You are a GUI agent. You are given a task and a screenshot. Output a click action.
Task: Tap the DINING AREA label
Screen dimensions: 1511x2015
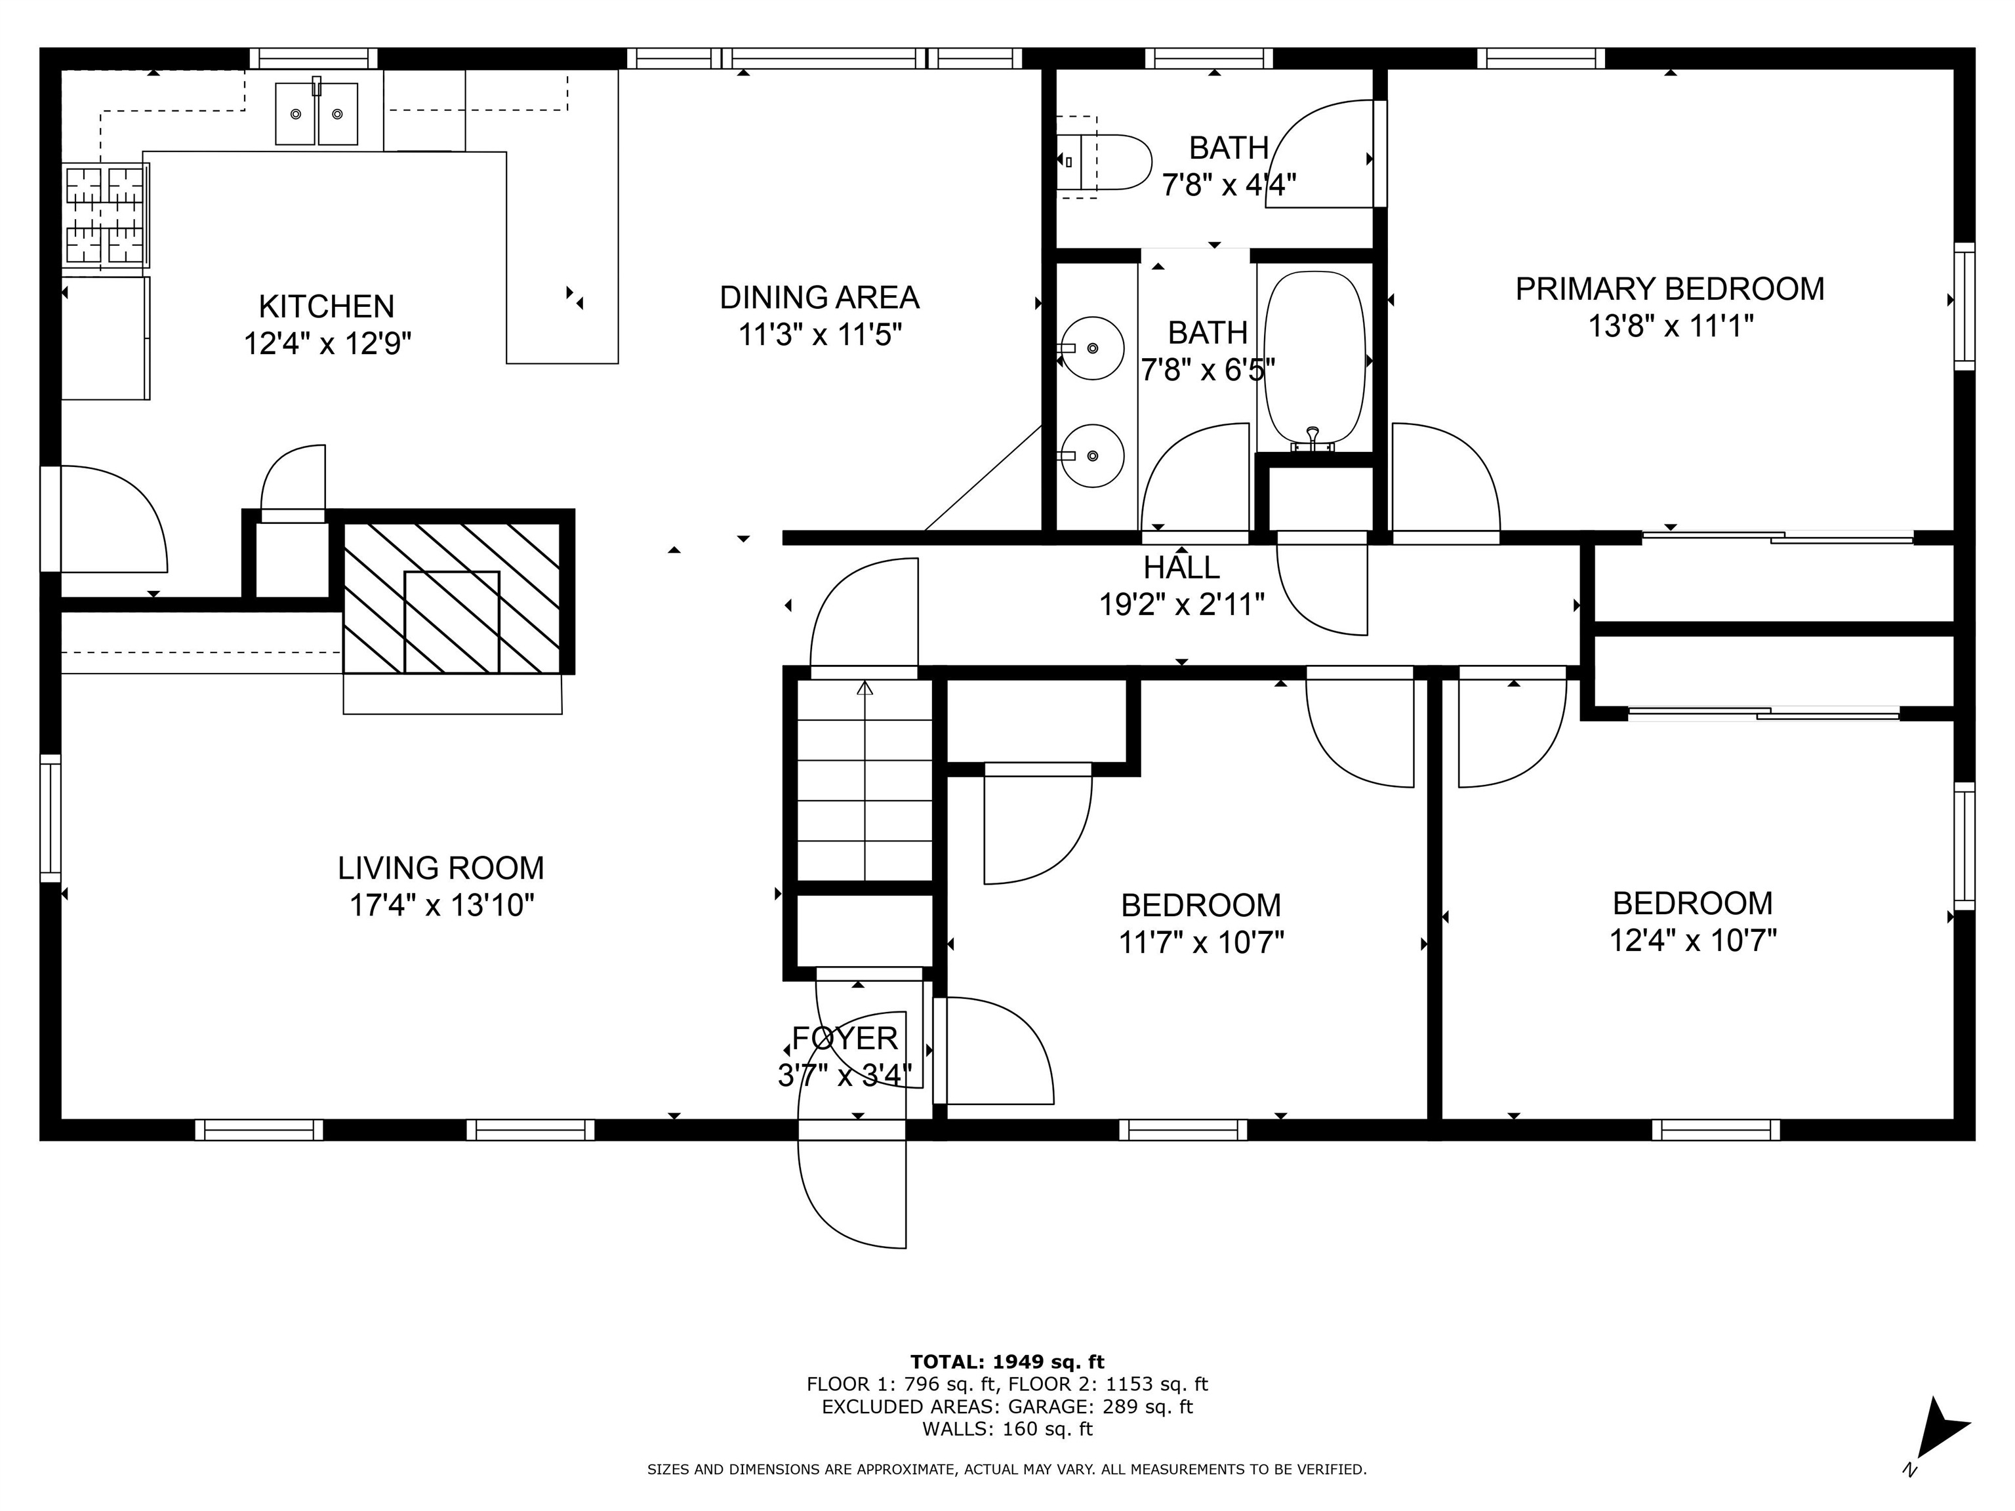tap(819, 298)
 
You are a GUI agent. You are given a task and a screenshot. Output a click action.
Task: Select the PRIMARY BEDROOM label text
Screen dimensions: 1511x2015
tap(1669, 289)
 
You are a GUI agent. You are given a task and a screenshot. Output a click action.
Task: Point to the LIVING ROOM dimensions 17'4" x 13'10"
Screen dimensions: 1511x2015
tap(442, 905)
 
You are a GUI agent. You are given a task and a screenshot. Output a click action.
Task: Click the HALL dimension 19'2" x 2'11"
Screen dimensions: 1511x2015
tap(1181, 604)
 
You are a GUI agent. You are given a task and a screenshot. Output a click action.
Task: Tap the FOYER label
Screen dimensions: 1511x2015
tap(844, 1038)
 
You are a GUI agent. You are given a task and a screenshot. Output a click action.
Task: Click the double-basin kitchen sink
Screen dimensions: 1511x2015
tap(316, 114)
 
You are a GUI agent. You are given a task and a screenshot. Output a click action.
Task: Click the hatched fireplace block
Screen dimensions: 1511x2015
tap(452, 597)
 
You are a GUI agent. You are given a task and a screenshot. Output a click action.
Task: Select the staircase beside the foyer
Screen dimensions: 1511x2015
tap(865, 780)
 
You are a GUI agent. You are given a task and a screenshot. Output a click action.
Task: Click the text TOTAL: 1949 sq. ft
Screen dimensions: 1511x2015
tap(1007, 1361)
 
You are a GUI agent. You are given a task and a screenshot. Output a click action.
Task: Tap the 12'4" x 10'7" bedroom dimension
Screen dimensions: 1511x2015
tap(1692, 940)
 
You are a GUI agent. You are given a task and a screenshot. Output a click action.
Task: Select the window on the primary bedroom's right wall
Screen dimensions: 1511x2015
tap(1964, 306)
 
